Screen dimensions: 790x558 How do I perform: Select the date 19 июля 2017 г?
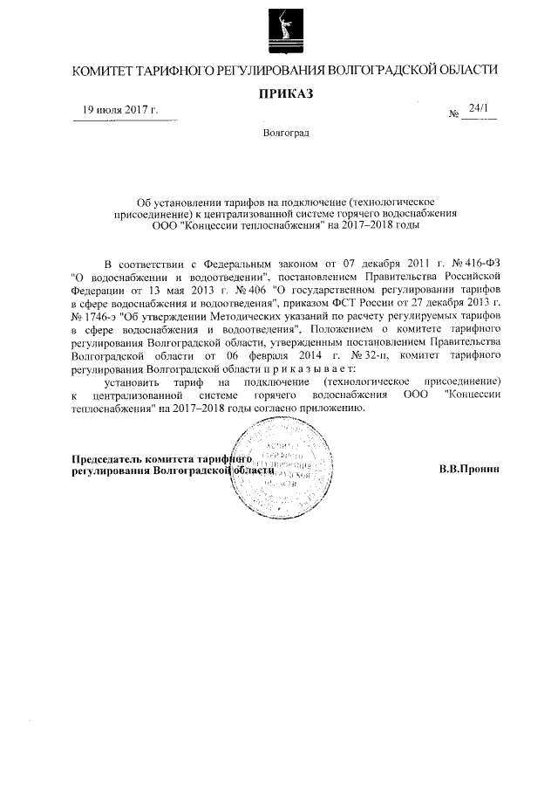coord(119,110)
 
